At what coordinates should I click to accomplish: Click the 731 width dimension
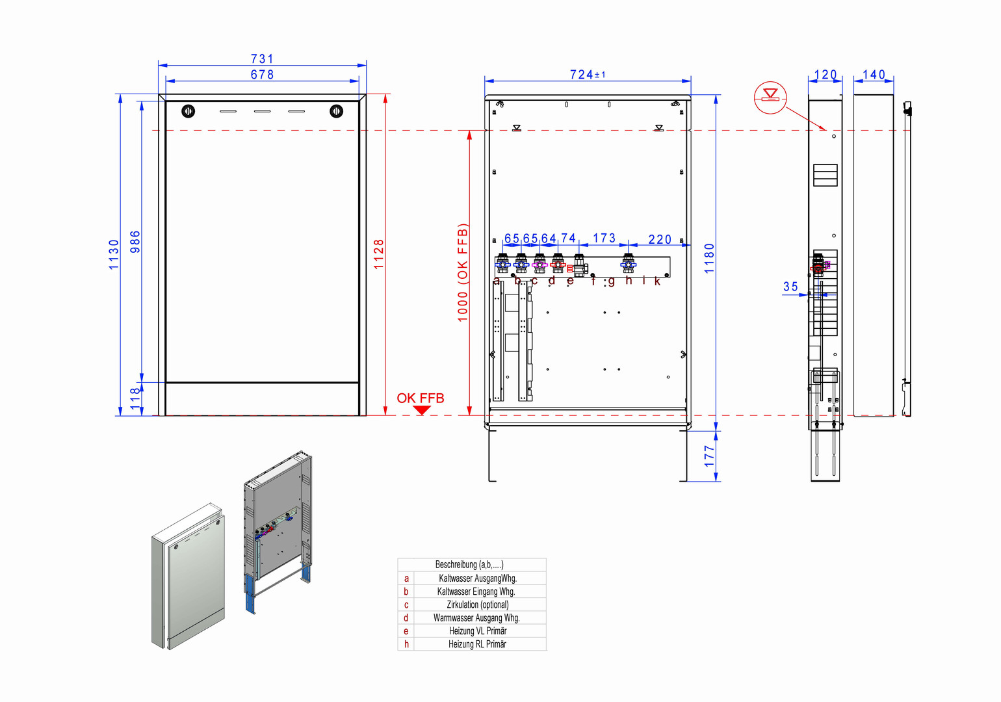[263, 58]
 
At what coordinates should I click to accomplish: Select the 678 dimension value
[263, 75]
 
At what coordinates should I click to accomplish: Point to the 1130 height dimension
[114, 254]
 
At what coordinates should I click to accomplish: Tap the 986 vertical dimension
[135, 241]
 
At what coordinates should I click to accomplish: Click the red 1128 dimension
[379, 254]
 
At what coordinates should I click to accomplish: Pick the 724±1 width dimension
[587, 75]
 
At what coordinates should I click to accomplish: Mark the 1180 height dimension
[709, 258]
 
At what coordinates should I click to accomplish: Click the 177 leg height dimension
[709, 456]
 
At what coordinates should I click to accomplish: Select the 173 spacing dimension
[604, 238]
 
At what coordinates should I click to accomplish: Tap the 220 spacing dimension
[660, 239]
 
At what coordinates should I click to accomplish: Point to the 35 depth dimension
[790, 287]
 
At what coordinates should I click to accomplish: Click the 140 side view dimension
[874, 75]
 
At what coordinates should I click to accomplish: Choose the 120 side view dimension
[825, 75]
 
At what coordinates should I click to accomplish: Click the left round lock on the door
[188, 111]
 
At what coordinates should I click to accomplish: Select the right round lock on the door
[336, 111]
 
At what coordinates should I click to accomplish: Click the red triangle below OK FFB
[422, 410]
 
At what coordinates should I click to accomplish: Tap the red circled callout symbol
[770, 97]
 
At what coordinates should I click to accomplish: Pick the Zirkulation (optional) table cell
[478, 604]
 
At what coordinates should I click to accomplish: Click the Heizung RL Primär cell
[478, 644]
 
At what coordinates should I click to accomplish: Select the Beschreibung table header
[469, 565]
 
